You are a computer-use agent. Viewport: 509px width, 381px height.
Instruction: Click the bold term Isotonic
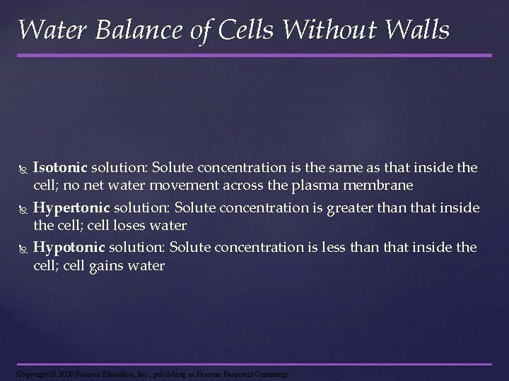60,168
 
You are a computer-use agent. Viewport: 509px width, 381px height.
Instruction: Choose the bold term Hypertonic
70,208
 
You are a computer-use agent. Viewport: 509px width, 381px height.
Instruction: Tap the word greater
365,208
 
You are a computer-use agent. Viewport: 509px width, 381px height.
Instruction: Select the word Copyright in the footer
32,373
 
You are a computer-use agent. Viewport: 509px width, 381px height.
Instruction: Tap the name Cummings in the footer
269,373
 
